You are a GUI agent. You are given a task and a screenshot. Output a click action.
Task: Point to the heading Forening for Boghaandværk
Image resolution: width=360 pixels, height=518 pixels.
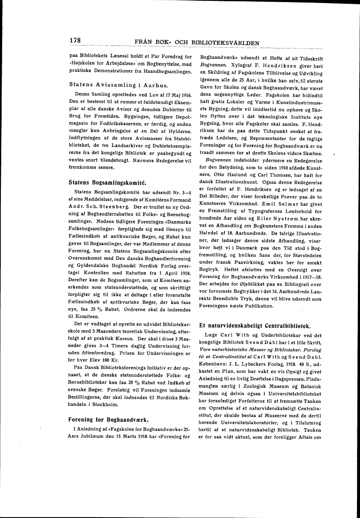109,419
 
